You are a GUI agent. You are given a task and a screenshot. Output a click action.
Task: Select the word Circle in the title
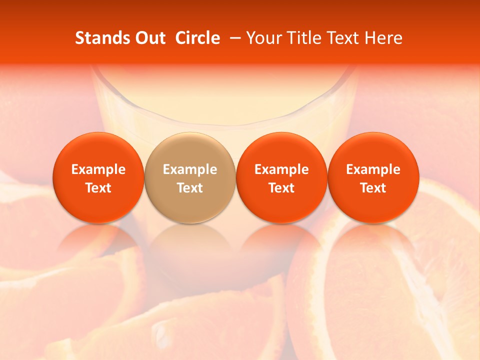(x=197, y=38)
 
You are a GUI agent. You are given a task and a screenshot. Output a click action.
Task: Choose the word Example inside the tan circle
(x=190, y=169)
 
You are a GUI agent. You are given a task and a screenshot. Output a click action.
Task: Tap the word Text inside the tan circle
(x=190, y=188)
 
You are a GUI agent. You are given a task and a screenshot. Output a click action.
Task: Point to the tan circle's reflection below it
(x=190, y=250)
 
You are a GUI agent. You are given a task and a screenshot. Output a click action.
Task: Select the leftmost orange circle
(x=98, y=150)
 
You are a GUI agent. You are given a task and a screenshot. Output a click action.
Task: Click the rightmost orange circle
(x=373, y=150)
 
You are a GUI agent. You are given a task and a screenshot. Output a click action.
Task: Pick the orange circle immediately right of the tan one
(x=281, y=150)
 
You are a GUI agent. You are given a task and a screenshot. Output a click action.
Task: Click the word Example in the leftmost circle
(x=98, y=169)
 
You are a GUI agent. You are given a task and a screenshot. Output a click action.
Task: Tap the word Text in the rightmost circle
(x=373, y=188)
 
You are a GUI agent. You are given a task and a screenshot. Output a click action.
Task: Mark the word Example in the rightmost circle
(x=373, y=169)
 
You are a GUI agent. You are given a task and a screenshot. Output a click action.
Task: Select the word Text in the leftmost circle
(x=98, y=188)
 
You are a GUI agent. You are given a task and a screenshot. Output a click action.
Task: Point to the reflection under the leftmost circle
(x=98, y=250)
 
